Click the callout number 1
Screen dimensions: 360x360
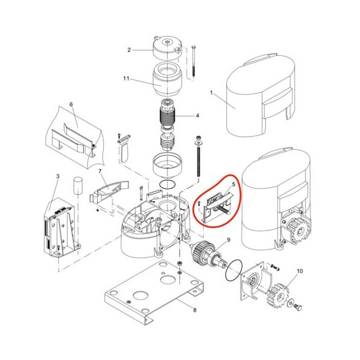[x=211, y=93]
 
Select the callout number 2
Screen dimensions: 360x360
[x=129, y=50]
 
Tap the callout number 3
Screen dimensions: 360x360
[x=58, y=176]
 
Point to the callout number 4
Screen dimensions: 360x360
[x=197, y=115]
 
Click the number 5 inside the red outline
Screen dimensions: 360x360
[x=234, y=184]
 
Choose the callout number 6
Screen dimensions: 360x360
[x=71, y=104]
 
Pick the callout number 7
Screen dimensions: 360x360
[x=100, y=172]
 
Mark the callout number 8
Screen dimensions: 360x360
[x=194, y=310]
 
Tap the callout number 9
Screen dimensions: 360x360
[x=229, y=240]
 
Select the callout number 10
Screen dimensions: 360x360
[x=300, y=271]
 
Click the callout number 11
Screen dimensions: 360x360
[x=126, y=79]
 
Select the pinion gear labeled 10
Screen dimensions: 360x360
[x=277, y=296]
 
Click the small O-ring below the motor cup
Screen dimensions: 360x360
[x=167, y=185]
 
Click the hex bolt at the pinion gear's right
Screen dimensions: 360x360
[x=298, y=307]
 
